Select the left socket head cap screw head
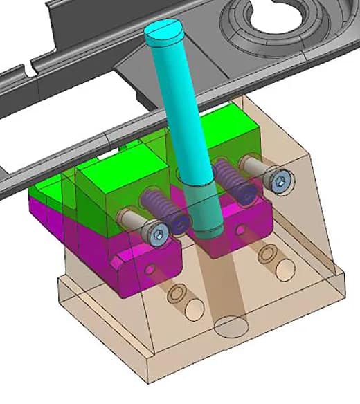coord(157,235)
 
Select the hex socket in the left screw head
coord(159,235)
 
